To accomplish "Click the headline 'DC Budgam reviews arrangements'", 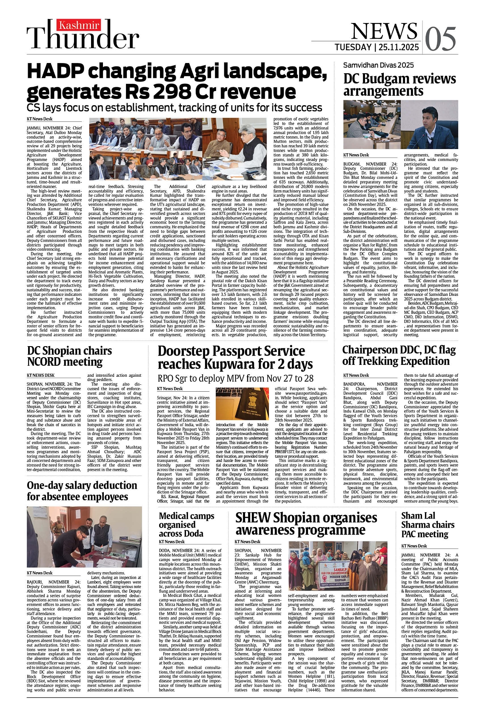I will tap(394, 85).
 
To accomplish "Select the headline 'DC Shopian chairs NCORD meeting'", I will tap(69, 356).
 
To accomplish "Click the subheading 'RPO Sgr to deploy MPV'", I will tap(235, 378).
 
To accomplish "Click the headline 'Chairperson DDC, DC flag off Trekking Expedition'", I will tap(399, 355).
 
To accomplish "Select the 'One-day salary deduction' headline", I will tap(82, 491).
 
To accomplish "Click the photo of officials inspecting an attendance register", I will tap(84, 536).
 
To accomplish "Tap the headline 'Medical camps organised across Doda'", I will tap(187, 525).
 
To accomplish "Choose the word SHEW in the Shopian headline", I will tap(253, 518).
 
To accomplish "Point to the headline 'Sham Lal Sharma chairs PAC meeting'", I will tap(428, 525).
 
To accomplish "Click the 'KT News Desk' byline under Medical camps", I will tap(172, 542).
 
